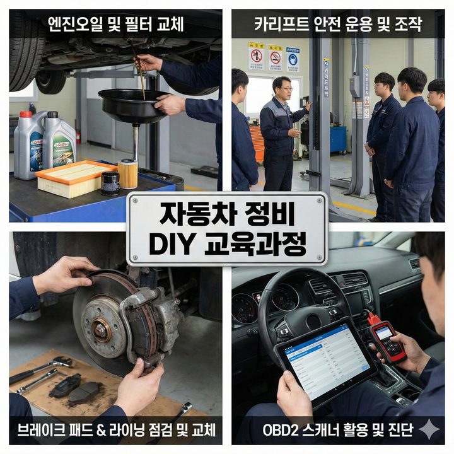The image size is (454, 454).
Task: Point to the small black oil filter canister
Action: click(110, 182)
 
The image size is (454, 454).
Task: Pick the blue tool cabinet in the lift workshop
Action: click(338, 139)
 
